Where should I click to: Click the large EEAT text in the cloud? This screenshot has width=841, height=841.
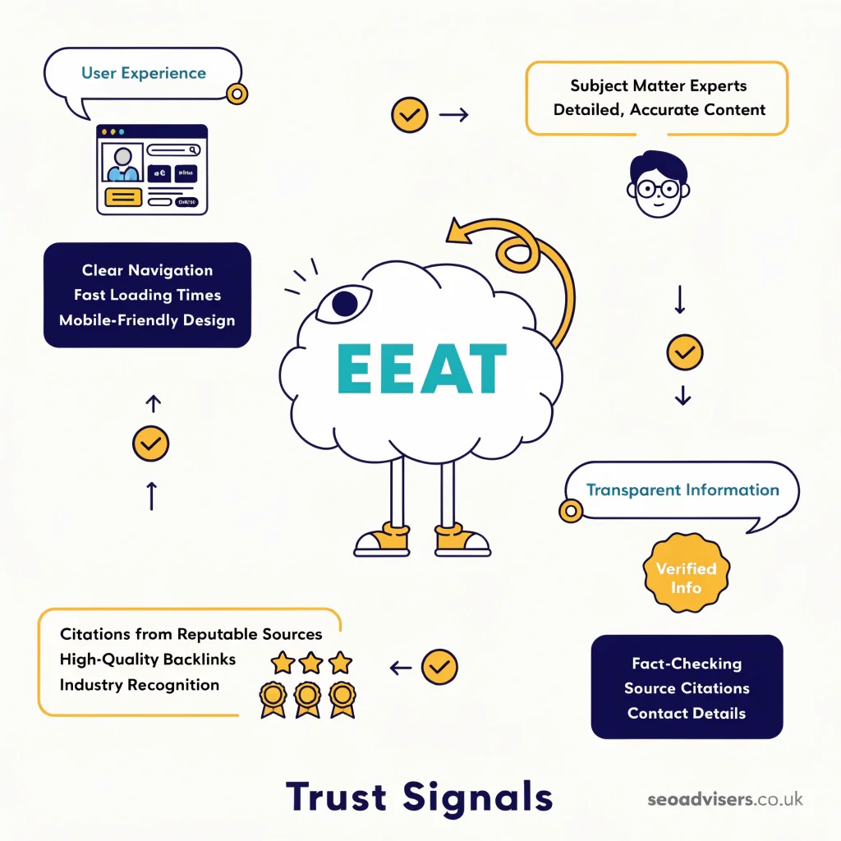[421, 368]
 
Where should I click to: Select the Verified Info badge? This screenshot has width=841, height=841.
[686, 577]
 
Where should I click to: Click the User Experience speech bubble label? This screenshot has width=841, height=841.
[144, 73]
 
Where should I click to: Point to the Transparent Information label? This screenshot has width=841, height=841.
[682, 490]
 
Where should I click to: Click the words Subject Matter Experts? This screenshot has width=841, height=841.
[659, 85]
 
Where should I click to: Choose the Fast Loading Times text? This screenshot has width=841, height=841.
[147, 295]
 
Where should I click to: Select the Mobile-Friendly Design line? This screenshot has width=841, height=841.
[147, 319]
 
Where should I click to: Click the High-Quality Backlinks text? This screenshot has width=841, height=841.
[148, 659]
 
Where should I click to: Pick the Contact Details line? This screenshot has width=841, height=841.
[687, 713]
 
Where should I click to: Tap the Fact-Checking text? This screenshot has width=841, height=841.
[687, 664]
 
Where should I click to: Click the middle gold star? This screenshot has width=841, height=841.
[311, 662]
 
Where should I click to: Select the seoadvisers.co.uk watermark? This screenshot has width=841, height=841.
[724, 798]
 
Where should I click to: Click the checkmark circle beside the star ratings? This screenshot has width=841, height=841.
[439, 667]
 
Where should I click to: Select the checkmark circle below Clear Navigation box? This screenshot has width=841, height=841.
[151, 443]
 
